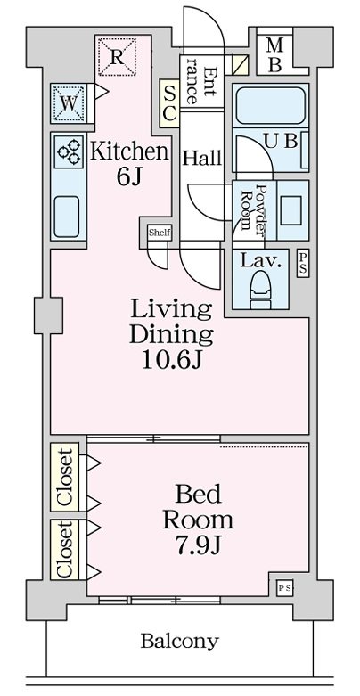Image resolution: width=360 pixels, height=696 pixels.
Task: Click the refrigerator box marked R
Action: tap(117, 56)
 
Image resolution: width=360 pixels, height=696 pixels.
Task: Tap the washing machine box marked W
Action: tap(69, 103)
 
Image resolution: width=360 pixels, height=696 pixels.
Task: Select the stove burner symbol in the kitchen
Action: tap(70, 151)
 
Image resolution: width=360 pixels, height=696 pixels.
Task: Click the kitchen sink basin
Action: tap(67, 217)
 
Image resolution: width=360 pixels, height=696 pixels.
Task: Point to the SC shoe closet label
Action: tap(169, 104)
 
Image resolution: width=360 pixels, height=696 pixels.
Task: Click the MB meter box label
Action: tap(274, 55)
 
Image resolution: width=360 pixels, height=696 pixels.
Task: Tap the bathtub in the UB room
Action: tap(270, 105)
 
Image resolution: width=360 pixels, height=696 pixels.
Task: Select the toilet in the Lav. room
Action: tap(260, 291)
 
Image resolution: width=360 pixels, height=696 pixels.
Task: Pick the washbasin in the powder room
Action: tap(290, 210)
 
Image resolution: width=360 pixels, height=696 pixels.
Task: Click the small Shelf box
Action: tap(160, 233)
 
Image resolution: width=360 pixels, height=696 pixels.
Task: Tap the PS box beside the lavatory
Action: tap(303, 263)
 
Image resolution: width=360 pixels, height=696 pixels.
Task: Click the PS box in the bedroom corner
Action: tap(284, 588)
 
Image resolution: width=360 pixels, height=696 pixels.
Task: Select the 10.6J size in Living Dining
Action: tap(172, 361)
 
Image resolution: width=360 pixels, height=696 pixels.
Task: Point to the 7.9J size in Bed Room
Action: tap(197, 545)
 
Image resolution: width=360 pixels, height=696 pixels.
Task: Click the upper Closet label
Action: tap(65, 477)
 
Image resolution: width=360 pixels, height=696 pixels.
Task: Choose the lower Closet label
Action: tap(65, 550)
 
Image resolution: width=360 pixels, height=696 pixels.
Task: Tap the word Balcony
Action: tap(180, 642)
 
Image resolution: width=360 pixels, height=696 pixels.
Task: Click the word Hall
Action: tap(202, 158)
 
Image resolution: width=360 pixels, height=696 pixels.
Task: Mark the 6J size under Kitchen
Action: tap(128, 177)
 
